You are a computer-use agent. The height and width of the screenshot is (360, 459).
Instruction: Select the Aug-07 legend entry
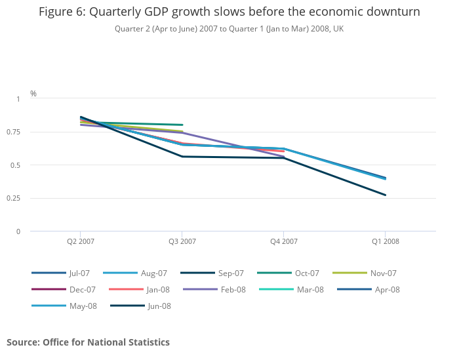pos(153,273)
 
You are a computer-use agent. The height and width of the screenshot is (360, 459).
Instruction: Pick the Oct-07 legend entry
pos(307,273)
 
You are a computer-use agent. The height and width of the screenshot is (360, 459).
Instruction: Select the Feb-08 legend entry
pos(233,289)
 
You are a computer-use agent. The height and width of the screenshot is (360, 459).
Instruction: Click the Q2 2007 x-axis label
pos(81,241)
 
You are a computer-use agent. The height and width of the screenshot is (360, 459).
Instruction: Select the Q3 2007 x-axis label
pos(182,241)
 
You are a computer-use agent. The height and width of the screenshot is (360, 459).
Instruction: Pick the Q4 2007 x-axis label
pos(284,241)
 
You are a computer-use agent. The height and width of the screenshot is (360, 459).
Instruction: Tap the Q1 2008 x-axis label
pos(386,241)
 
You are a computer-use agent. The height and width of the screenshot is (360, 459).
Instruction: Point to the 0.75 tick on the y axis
pos(14,132)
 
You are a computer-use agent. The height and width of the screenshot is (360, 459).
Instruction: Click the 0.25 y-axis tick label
pos(14,198)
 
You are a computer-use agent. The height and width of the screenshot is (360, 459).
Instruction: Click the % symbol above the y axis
pos(33,94)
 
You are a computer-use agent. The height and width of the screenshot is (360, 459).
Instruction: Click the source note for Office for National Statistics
pos(88,342)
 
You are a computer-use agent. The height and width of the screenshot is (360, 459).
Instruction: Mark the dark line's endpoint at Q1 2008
pos(386,195)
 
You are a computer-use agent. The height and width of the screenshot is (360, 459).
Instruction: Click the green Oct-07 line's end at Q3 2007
pos(182,125)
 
